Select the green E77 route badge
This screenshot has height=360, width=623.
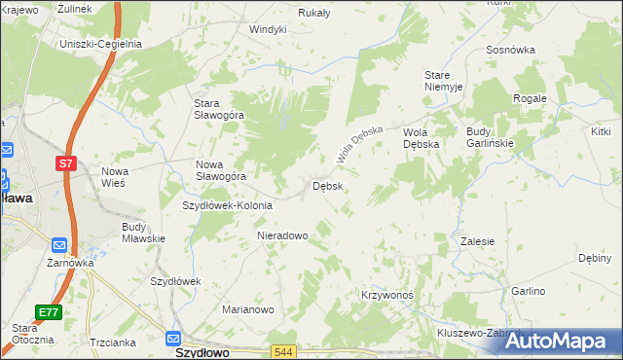point(50,312)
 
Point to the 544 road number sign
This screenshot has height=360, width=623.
point(283,351)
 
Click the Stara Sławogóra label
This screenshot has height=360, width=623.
point(218,109)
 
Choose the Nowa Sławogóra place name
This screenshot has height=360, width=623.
point(221,170)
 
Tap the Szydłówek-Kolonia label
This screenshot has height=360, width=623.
point(229,205)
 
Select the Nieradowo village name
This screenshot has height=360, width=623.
point(282,235)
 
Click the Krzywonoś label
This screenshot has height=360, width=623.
point(387,295)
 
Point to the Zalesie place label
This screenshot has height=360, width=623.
point(478,241)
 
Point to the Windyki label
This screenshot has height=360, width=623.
point(268,29)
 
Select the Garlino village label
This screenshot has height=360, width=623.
point(528,291)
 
